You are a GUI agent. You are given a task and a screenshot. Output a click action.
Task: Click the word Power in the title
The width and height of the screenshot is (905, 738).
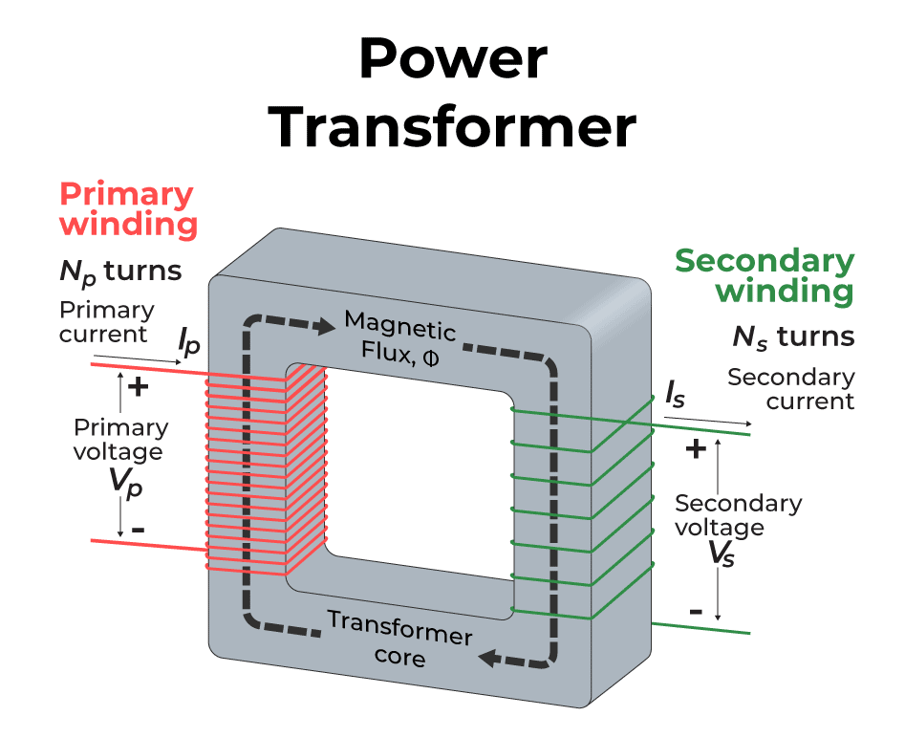[452, 59]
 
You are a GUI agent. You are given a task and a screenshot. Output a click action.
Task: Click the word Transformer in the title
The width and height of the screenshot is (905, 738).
[452, 127]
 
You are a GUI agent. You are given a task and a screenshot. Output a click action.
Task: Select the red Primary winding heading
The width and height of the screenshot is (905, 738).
[128, 209]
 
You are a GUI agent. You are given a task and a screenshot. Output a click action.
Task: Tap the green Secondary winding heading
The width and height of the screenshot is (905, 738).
[765, 275]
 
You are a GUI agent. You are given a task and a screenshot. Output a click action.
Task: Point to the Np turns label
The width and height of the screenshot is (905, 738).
[120, 271]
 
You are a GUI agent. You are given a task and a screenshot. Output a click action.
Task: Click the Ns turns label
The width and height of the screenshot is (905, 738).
[792, 336]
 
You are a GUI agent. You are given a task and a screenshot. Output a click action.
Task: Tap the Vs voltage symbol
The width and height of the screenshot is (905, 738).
[722, 553]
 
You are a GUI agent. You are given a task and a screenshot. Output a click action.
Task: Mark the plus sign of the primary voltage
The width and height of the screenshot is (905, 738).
[140, 387]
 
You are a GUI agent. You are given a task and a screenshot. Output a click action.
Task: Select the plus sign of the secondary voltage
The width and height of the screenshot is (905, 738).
[697, 448]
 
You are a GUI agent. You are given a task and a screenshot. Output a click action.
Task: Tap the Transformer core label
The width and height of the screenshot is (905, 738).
[399, 638]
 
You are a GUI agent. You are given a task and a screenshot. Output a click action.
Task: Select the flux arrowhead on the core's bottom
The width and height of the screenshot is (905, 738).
[490, 658]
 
